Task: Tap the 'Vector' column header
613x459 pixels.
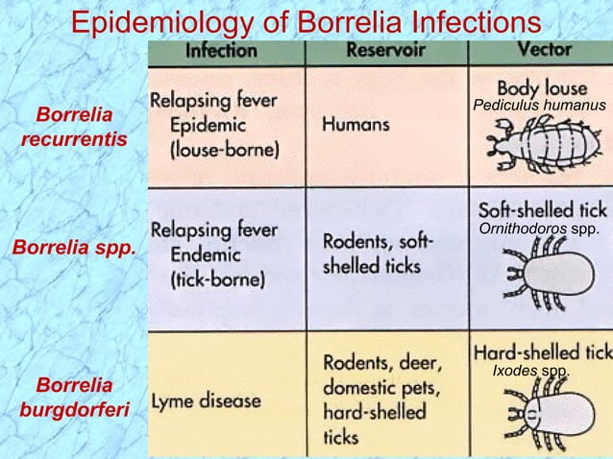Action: (x=544, y=48)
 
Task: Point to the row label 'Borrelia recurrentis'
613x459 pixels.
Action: (x=72, y=128)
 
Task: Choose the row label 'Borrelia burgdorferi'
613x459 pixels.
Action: (x=72, y=399)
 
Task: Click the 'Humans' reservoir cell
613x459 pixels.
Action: (x=356, y=124)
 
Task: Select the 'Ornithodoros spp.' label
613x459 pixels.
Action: (x=538, y=229)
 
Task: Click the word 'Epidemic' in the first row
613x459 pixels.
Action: (x=207, y=126)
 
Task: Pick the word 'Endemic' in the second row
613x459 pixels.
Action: (x=207, y=254)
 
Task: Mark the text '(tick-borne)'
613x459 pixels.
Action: (x=216, y=280)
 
